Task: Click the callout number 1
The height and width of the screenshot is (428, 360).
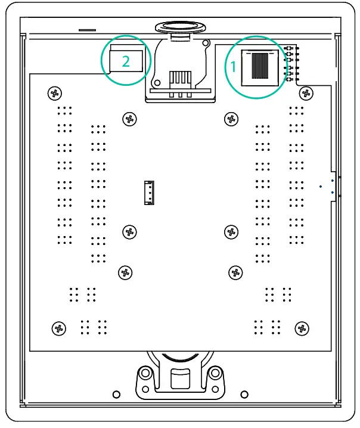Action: (234, 67)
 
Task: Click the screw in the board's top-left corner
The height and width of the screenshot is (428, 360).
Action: (55, 93)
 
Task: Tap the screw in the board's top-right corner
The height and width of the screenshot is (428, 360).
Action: (306, 93)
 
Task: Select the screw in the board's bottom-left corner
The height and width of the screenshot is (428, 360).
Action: (58, 328)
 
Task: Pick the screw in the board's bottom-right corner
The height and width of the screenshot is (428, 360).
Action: (302, 328)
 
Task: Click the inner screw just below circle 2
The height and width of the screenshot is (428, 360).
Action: (129, 119)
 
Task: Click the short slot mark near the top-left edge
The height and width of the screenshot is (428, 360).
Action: (88, 28)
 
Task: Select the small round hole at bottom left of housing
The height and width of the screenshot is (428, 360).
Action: (117, 395)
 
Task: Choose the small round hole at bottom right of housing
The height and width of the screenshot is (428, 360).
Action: (244, 395)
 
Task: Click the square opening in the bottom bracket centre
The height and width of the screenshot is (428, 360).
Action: (179, 379)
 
